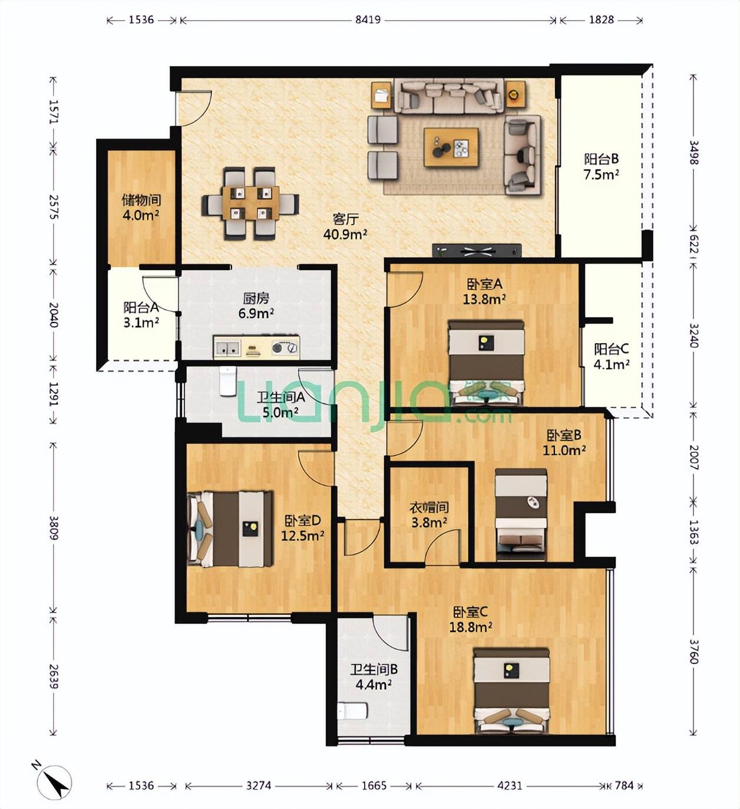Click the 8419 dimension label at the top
[x=368, y=20]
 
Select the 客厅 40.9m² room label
[x=345, y=226]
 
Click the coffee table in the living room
[x=451, y=147]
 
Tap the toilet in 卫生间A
[x=227, y=381]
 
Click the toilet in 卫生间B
[x=352, y=711]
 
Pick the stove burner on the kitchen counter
[x=285, y=347]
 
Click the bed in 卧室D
[x=230, y=528]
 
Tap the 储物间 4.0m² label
[x=141, y=208]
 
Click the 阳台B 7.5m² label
[x=602, y=166]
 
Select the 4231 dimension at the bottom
[x=510, y=785]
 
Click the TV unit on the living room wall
[x=477, y=251]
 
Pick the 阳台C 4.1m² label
[x=612, y=357]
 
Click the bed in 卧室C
[x=511, y=692]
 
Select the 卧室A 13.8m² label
[x=484, y=291]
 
